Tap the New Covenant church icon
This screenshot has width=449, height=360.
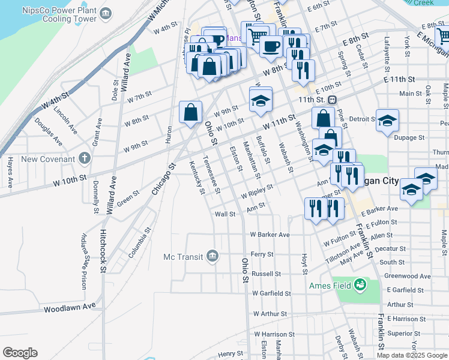(x=84, y=159)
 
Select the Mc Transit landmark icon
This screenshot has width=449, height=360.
(x=211, y=257)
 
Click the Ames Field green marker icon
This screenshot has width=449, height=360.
(x=360, y=284)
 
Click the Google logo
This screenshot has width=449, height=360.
(x=20, y=353)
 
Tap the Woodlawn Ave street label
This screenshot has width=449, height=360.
(x=70, y=307)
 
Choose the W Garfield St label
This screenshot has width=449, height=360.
(x=271, y=293)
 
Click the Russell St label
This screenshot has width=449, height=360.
(x=266, y=274)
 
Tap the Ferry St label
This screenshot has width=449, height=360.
(x=262, y=254)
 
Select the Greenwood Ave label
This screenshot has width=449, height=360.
(x=408, y=277)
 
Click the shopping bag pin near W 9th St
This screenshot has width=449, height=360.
(x=190, y=112)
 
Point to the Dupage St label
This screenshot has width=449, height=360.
(x=409, y=138)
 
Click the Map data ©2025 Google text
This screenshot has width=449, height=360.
(x=411, y=355)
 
